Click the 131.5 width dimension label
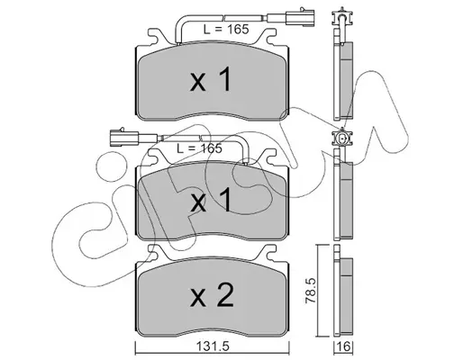click(x=213, y=346)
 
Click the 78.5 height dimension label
click(x=311, y=291)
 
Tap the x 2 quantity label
click(x=212, y=295)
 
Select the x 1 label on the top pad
click(x=211, y=79)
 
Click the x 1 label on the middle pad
click(x=211, y=200)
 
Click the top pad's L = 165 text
click(x=226, y=30)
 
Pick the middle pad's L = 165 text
click(x=199, y=148)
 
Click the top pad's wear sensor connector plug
click(x=300, y=18)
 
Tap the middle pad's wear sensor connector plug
click(x=124, y=138)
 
